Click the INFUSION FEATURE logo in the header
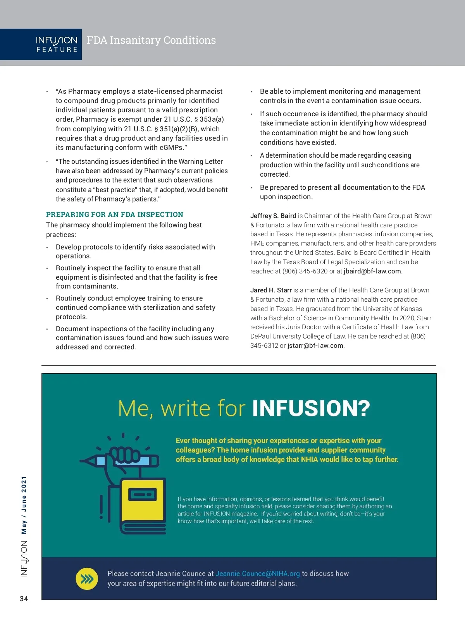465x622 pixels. (x=57, y=44)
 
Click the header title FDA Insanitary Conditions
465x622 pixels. (x=151, y=40)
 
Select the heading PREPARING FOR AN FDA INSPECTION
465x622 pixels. (x=115, y=215)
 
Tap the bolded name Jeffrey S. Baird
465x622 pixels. (x=273, y=216)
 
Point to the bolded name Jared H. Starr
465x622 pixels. (x=271, y=290)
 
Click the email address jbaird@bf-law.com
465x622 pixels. (x=372, y=271)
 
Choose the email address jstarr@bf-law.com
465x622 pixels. (x=315, y=345)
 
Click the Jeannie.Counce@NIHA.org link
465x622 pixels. (x=258, y=574)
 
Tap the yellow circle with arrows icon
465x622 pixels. (x=87, y=579)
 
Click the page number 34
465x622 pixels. (x=24, y=599)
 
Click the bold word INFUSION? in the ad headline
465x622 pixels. (x=311, y=408)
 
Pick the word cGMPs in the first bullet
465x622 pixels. (x=172, y=148)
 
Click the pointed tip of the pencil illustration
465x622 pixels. (x=82, y=461)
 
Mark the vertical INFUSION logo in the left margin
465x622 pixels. (x=24, y=559)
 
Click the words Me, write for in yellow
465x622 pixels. (x=182, y=409)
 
